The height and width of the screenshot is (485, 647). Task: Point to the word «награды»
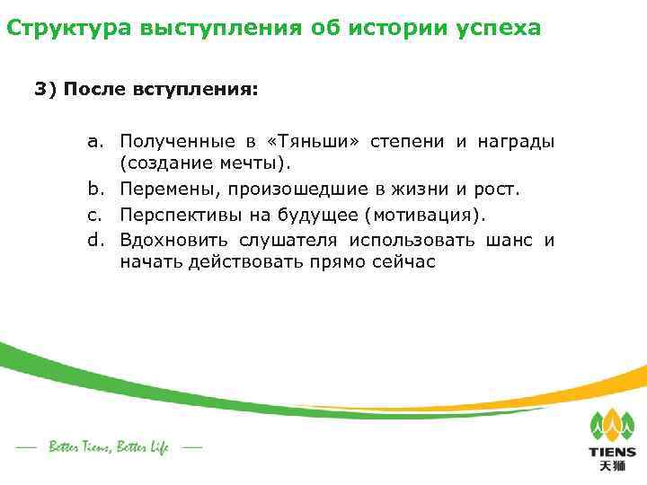(x=518, y=142)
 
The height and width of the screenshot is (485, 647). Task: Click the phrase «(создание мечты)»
(x=207, y=163)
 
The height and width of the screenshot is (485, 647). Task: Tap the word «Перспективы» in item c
(x=180, y=215)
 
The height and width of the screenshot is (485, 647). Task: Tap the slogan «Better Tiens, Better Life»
(x=108, y=446)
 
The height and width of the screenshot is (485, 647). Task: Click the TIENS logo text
(x=612, y=453)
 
